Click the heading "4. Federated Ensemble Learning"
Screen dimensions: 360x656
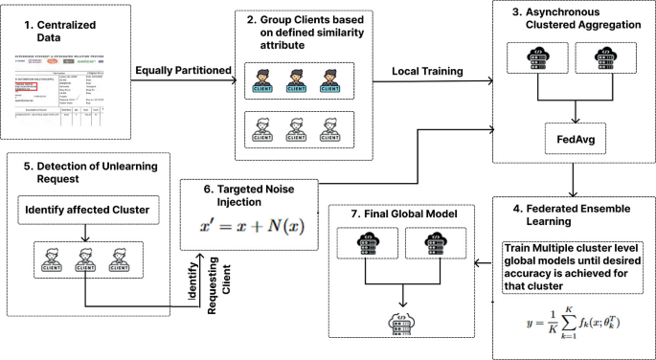pyautogui.click(x=573, y=212)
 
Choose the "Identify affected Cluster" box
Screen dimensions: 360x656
pyautogui.click(x=85, y=210)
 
